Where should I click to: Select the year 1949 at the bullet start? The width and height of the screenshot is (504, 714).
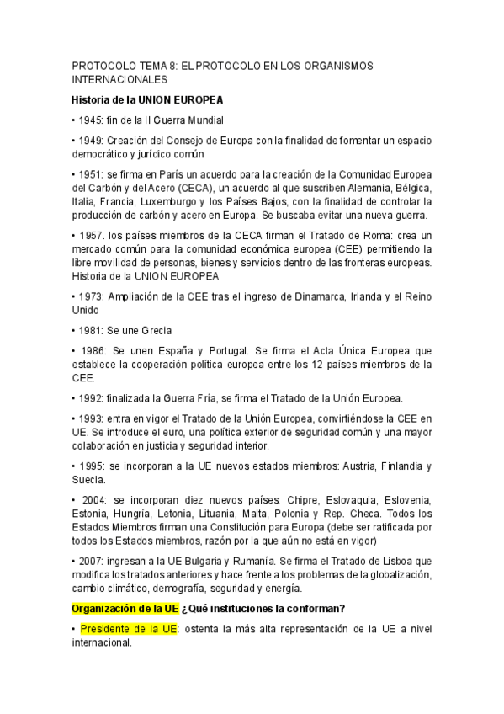pos(91,140)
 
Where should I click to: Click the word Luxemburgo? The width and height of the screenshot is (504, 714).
pos(226,202)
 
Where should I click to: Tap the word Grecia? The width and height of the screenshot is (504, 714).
pos(155,330)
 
